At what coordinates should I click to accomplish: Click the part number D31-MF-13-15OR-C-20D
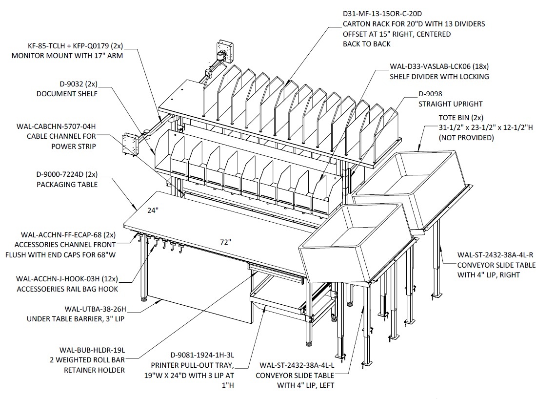382,14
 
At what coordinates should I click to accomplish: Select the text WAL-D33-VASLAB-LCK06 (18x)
439,66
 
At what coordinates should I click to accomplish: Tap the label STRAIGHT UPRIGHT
450,104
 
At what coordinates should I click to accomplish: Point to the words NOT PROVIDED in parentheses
466,138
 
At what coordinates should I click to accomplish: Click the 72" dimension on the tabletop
226,242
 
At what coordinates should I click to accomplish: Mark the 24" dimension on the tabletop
153,210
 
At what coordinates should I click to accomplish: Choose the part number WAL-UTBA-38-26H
96,309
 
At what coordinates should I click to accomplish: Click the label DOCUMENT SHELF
67,94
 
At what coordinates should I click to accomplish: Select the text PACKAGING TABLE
67,185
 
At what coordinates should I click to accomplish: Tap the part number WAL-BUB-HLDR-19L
92,350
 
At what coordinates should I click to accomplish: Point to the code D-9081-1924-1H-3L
202,355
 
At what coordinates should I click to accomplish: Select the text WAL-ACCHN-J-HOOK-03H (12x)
67,279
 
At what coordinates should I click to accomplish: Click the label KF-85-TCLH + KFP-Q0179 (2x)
75,46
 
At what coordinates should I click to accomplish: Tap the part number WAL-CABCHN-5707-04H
56,126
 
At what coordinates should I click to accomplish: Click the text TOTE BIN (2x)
461,118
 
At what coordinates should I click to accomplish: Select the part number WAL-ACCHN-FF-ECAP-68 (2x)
68,235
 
